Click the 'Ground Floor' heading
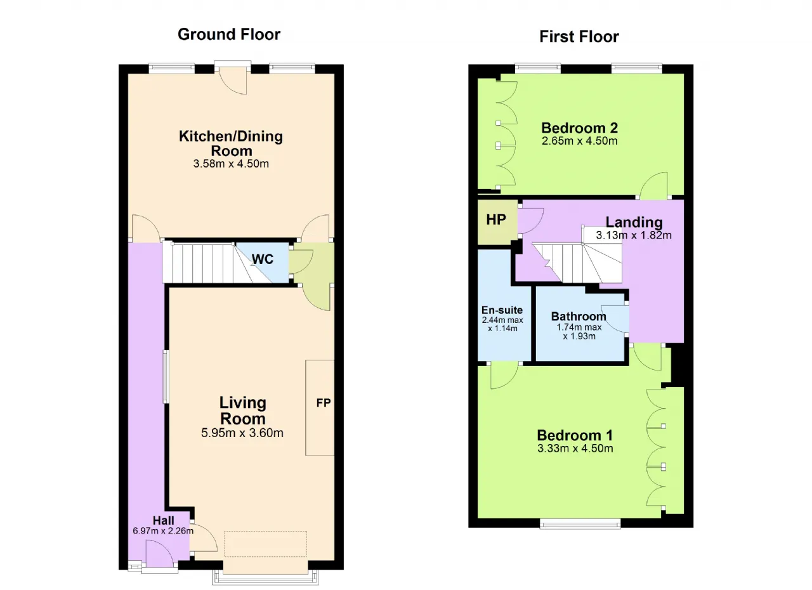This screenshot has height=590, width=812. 229,35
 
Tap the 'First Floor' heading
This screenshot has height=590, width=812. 579,37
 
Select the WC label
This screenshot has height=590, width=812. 263,259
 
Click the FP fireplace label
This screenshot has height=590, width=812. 324,403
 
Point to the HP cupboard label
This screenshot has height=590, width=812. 496,220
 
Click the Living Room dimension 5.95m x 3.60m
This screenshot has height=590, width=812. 242,433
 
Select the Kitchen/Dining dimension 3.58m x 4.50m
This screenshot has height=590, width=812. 231,164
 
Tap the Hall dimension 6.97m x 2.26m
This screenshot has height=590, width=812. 163,531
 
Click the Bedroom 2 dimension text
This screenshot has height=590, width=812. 579,141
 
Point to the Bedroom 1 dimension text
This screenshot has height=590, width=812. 575,449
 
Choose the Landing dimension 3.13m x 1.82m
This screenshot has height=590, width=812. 634,235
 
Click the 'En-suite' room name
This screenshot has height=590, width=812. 502,310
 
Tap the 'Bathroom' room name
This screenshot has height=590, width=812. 579,317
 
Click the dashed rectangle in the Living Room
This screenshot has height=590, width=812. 265,544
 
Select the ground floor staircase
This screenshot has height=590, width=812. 217,263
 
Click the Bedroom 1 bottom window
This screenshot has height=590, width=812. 580,523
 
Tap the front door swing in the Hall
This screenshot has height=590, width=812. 160,551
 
